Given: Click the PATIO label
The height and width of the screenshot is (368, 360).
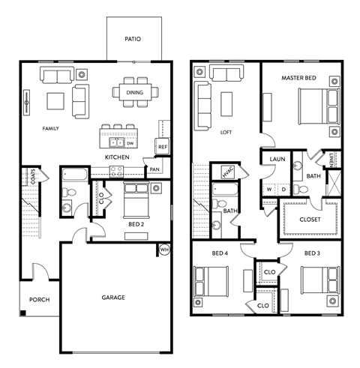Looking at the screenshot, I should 132,39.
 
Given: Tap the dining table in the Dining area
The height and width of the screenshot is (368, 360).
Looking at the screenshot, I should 134,92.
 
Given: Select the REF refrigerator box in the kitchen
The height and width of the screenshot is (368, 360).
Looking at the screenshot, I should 161,147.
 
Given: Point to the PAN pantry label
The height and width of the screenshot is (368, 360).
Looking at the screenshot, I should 154,169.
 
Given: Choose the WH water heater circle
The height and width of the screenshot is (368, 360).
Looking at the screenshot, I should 164,250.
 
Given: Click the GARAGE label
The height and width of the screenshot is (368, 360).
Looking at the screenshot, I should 113,298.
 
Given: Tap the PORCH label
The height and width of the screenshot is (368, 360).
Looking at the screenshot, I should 39,300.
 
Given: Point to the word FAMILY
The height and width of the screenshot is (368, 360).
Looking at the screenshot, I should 50,128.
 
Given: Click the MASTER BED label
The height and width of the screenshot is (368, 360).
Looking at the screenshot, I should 298,78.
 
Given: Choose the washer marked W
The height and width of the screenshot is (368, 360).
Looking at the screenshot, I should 269,189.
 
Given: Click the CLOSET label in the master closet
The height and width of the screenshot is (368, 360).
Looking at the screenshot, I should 310,220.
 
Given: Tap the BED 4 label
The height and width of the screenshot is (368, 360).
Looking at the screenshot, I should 220,253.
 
